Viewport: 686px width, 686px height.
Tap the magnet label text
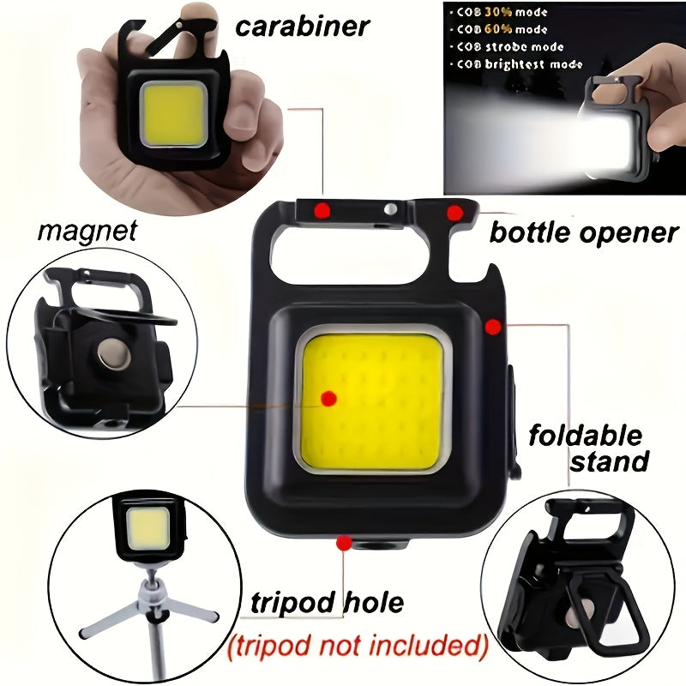coord(87,231)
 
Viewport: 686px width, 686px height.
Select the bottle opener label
coord(583,232)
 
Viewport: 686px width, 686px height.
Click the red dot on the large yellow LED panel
coord(328,397)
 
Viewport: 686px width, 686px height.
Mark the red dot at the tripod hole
coord(344,542)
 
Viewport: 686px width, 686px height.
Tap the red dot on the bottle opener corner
coord(454,211)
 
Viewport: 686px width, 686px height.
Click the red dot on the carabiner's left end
coord(321,210)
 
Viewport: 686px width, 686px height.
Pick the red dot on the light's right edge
coord(492,326)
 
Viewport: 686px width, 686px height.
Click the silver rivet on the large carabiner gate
coord(390,208)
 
